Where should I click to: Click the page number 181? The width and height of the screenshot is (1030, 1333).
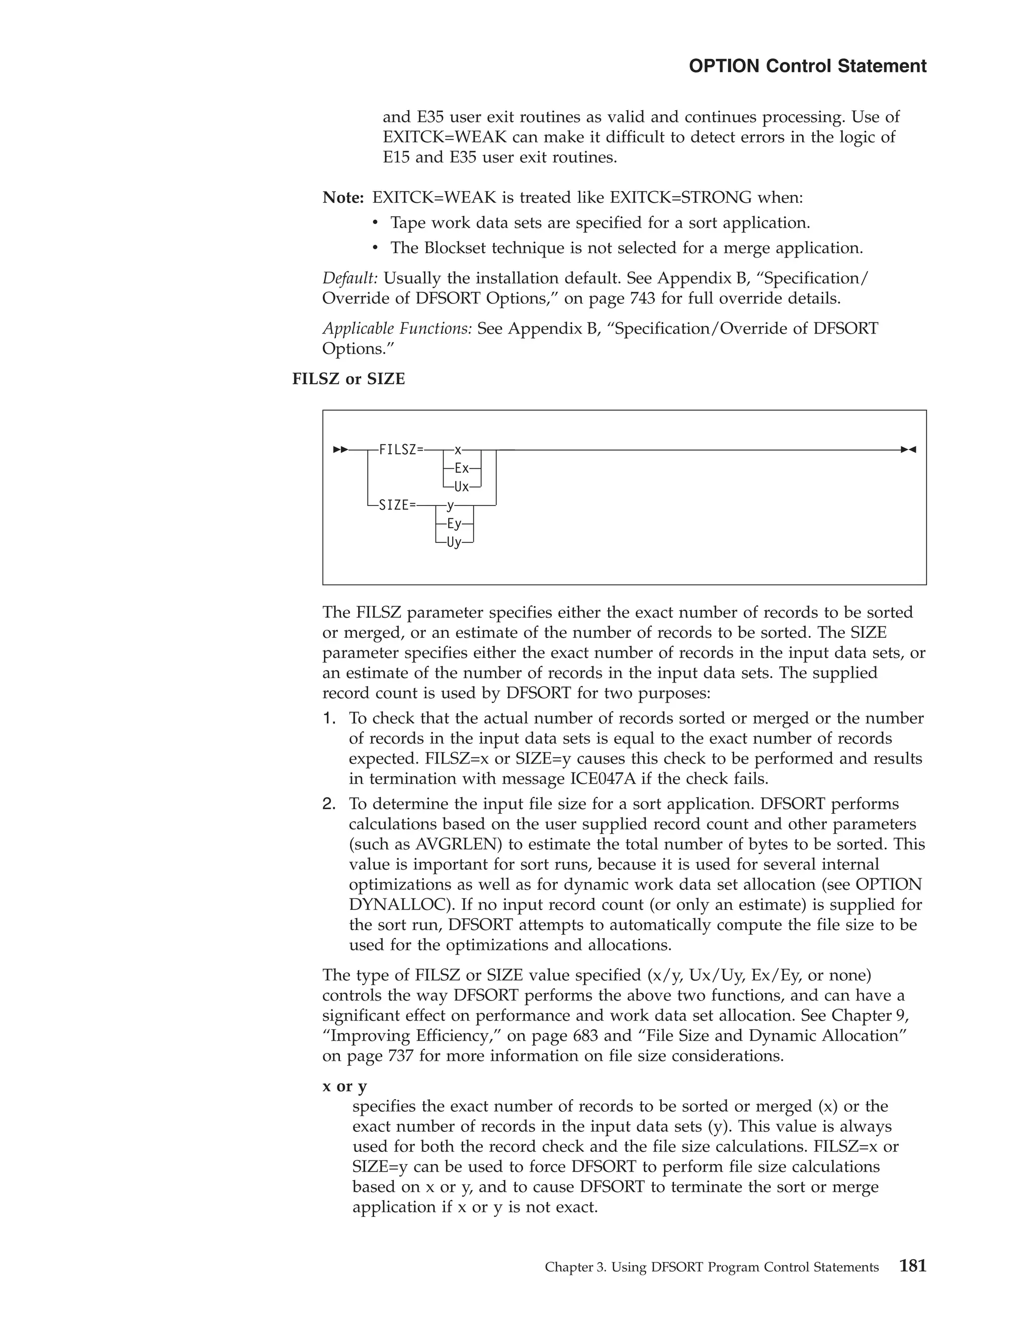pos(912,1266)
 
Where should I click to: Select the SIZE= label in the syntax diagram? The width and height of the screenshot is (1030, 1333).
pos(397,506)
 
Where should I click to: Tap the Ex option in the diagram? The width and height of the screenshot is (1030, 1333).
pos(461,469)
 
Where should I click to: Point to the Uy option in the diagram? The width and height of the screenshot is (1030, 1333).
pos(454,542)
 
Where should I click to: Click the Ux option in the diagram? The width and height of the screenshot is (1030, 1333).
pos(461,487)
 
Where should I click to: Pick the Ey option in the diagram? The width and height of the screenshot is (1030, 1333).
pos(454,524)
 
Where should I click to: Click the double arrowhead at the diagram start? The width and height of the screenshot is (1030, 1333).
pos(340,450)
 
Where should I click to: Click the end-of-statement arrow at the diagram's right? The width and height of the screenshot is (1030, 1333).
pos(909,450)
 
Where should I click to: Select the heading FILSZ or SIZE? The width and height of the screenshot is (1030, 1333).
pos(349,379)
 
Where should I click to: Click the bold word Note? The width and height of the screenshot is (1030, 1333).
pos(343,198)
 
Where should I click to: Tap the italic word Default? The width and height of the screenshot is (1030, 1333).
pos(350,278)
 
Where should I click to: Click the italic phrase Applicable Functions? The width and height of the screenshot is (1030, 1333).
pos(397,329)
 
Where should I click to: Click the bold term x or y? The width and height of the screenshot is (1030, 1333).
pos(345,1086)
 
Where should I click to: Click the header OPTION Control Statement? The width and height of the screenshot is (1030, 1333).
pos(807,66)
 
